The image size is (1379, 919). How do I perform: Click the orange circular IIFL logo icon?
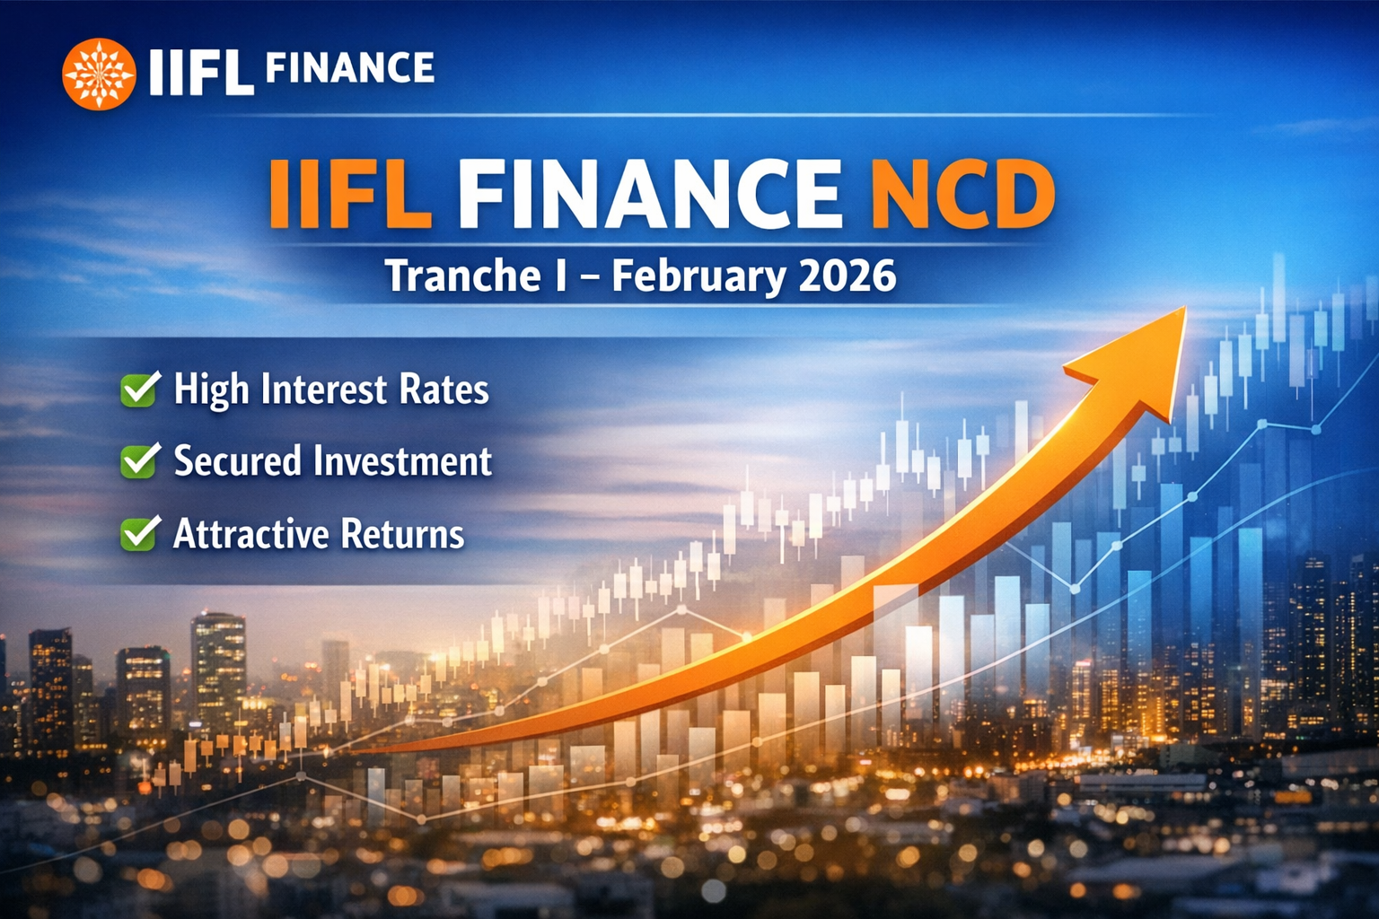click(99, 74)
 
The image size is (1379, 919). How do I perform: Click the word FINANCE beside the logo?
click(350, 69)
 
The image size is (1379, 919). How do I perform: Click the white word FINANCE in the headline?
click(649, 194)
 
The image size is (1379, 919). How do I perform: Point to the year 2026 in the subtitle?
click(847, 275)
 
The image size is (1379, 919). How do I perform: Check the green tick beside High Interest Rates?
click(140, 389)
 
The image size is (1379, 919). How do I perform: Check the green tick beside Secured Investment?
click(140, 460)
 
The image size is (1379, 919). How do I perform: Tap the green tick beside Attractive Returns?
click(140, 533)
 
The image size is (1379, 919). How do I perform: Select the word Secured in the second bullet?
click(237, 461)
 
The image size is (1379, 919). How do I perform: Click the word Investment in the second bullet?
click(401, 461)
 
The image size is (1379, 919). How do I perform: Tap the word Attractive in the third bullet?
click(251, 534)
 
